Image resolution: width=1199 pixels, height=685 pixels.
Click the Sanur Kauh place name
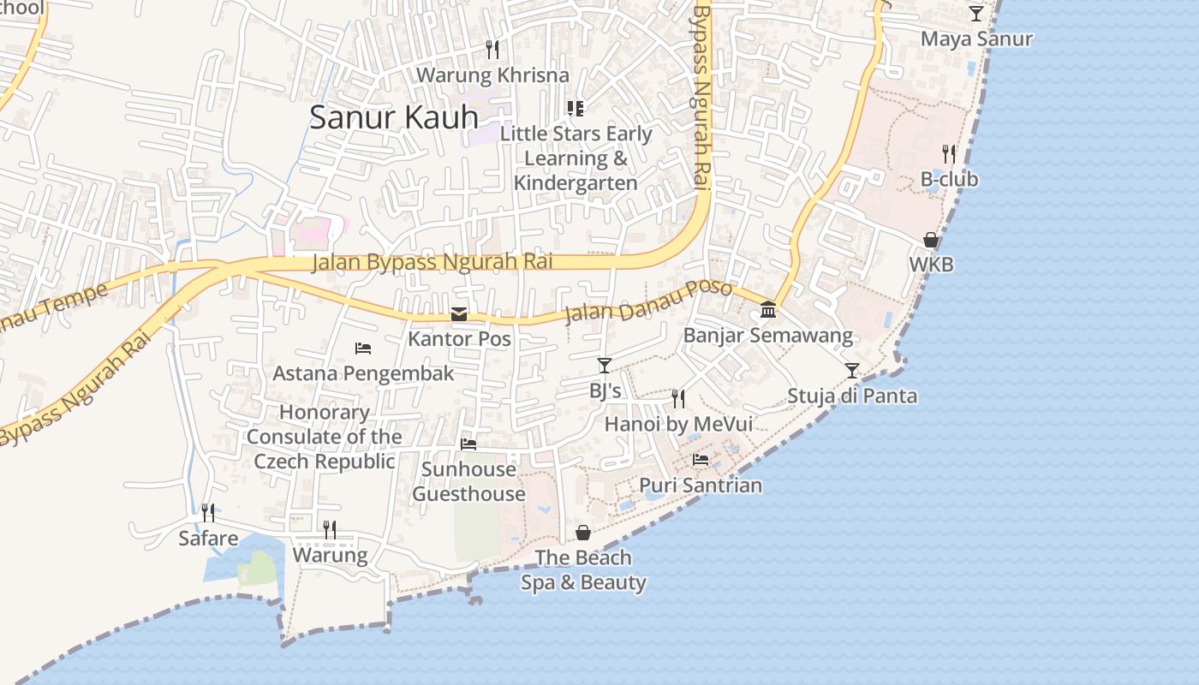pos(393,117)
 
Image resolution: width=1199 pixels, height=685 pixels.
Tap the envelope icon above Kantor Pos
pos(459,314)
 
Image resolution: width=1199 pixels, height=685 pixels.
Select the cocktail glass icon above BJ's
pos(605,366)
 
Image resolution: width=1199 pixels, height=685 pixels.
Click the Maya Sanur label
pos(976,39)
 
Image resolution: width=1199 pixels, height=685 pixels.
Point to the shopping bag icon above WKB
pos(931,241)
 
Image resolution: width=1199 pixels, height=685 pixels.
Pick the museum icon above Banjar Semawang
pos(768,310)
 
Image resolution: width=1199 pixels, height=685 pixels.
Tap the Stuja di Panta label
pos(851,396)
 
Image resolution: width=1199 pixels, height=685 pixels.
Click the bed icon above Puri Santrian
pos(701,460)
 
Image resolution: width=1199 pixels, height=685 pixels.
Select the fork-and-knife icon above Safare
pos(208,513)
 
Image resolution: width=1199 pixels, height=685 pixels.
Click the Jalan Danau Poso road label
pos(648,302)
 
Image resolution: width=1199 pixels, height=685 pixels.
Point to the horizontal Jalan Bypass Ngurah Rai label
pos(432,262)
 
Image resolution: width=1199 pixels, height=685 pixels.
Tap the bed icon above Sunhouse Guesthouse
pos(468,444)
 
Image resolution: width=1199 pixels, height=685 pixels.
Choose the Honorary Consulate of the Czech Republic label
pos(325,437)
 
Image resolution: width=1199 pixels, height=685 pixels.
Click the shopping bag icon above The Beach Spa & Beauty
pos(583,533)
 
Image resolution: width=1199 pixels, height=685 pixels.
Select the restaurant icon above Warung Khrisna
pos(492,50)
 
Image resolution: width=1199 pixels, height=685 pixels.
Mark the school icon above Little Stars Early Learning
pos(576,108)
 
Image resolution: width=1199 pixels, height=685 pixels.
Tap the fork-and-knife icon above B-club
pos(949,154)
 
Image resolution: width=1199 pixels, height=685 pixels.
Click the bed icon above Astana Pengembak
pos(363,348)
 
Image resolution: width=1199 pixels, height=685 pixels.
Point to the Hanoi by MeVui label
pos(678,424)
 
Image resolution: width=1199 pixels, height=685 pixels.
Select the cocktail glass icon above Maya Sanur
pos(976,13)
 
